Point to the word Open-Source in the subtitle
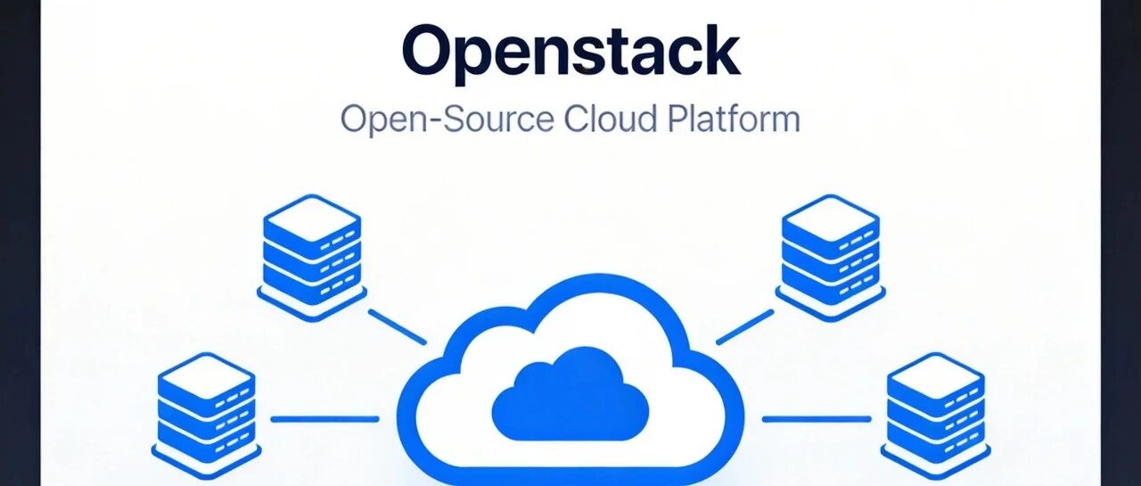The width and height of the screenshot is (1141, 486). (447, 120)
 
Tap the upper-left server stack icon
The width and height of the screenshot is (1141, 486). (312, 258)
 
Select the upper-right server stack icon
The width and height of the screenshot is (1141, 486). (830, 258)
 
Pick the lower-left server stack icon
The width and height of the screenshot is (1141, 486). (206, 416)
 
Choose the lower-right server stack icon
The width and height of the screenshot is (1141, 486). (936, 416)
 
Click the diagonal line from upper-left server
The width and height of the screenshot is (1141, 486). (398, 327)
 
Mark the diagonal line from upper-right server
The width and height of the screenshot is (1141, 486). (744, 327)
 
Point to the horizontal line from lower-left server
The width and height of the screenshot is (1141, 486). (325, 419)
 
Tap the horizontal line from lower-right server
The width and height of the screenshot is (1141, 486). (817, 419)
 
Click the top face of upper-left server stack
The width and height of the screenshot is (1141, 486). (312, 218)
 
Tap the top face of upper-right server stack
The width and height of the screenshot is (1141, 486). (830, 218)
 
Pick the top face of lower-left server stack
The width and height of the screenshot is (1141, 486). (206, 376)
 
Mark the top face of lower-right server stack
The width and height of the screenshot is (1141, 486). (936, 376)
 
